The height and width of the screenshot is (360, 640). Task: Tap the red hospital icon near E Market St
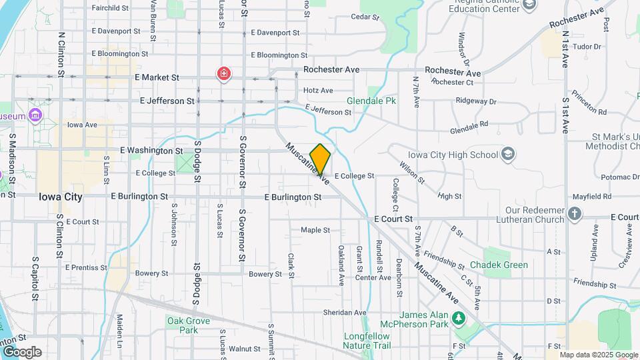224,73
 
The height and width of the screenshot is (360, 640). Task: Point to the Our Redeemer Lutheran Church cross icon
575,215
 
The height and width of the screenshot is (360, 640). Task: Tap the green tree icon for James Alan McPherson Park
458,319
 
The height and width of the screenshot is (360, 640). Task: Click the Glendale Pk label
371,101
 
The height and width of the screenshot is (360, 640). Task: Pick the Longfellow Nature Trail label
367,340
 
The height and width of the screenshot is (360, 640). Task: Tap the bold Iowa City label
61,197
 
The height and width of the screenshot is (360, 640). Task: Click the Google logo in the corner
22,352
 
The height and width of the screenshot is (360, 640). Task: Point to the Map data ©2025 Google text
599,355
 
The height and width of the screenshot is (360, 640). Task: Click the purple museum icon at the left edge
35,116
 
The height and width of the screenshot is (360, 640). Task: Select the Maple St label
315,230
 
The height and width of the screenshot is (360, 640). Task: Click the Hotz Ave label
318,90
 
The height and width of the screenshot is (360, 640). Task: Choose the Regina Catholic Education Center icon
529,5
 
